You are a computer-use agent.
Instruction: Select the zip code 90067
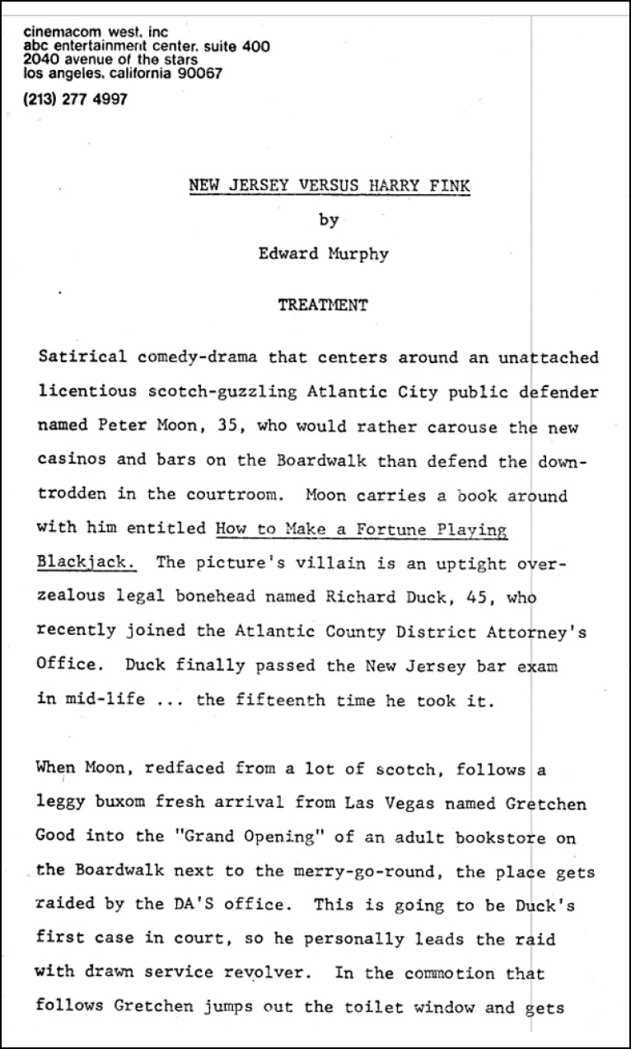[199, 73]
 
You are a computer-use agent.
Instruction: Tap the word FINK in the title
[449, 185]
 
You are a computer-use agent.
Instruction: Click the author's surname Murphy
[358, 254]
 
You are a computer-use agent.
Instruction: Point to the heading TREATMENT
[323, 305]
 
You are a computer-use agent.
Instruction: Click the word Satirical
[82, 357]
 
